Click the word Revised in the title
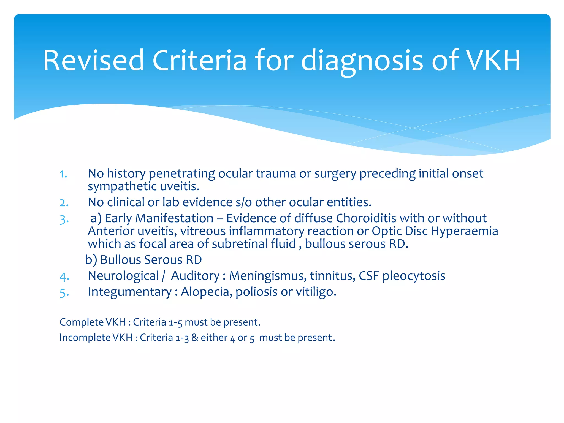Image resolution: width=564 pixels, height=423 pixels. (x=94, y=60)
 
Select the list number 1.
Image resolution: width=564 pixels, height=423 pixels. (x=63, y=174)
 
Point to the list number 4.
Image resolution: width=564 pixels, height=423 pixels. (x=64, y=276)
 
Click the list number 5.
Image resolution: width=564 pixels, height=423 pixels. (x=64, y=292)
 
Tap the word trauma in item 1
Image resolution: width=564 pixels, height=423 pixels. (x=276, y=173)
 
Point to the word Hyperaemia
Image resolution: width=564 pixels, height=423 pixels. (x=465, y=231)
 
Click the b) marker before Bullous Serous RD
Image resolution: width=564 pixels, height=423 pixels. (x=91, y=260)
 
